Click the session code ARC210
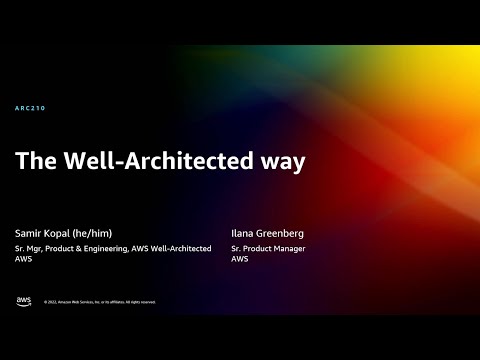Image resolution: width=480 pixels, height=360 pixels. pyautogui.click(x=31, y=108)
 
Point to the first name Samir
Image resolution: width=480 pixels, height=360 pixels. pyautogui.click(x=29, y=231)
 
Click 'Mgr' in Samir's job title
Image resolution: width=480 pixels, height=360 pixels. pyautogui.click(x=37, y=248)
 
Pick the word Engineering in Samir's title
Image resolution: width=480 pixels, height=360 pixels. pyautogui.click(x=108, y=248)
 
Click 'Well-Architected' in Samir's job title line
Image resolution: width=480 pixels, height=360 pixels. pyautogui.click(x=180, y=248)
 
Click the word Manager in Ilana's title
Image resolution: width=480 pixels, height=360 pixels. pyautogui.click(x=291, y=248)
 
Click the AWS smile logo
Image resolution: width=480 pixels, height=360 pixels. pyautogui.click(x=23, y=301)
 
